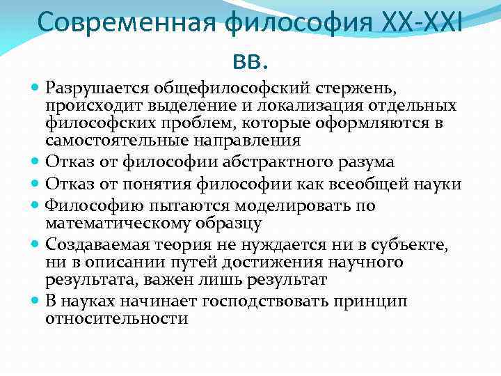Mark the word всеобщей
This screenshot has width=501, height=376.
386,184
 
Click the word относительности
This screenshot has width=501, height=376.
116,318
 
